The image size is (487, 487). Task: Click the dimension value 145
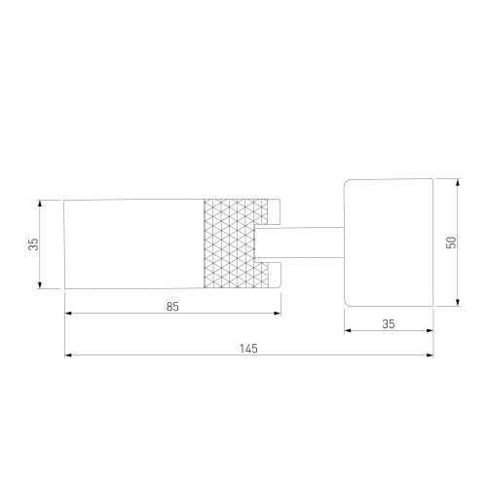[x=248, y=349]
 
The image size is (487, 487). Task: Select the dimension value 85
[x=172, y=307]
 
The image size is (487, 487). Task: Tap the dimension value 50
[x=451, y=243]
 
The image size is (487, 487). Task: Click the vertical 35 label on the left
[x=33, y=244]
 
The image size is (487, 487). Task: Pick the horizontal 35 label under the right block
[x=389, y=324]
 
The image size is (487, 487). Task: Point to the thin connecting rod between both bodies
[x=299, y=243]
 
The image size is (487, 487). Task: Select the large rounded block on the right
[x=389, y=243]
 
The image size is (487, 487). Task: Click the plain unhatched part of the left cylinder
[x=134, y=243]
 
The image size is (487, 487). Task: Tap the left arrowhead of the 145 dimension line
[x=68, y=356]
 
